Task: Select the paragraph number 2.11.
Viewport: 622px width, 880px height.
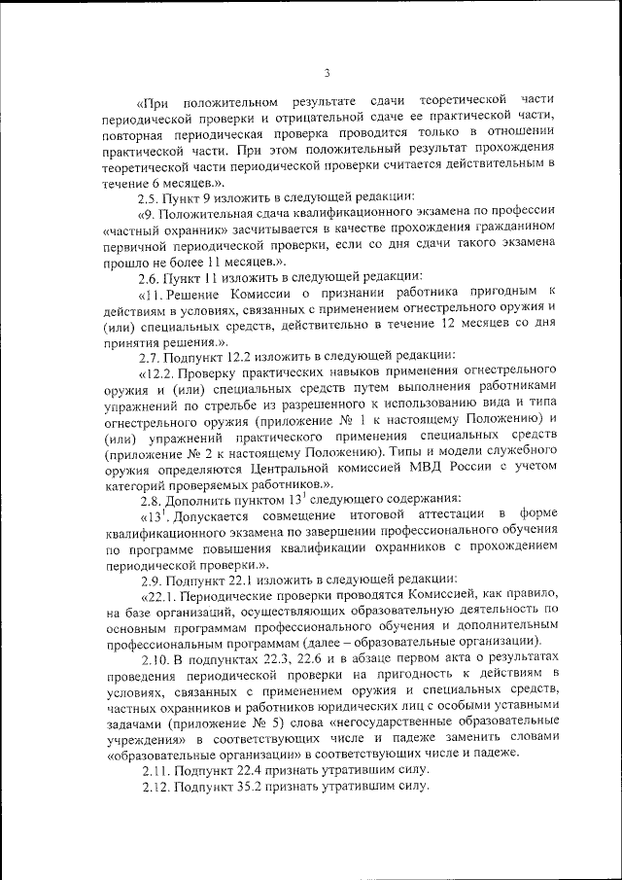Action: pyautogui.click(x=155, y=770)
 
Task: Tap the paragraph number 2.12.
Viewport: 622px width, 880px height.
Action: pyautogui.click(x=155, y=787)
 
